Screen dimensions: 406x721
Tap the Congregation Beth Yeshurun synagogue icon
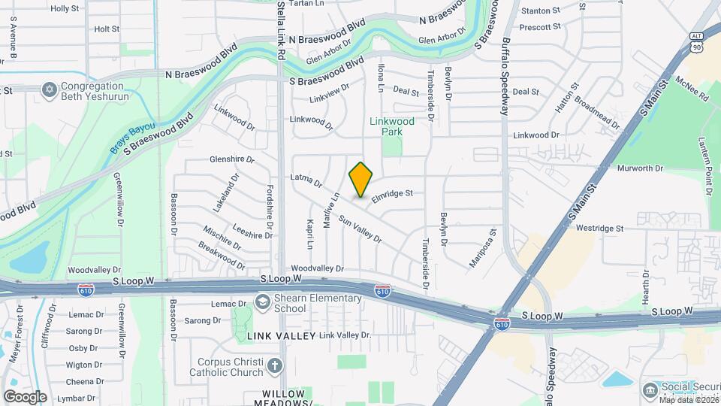coord(50,90)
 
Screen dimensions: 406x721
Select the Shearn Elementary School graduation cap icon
coord(263,303)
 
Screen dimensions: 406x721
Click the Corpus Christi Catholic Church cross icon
coord(275,366)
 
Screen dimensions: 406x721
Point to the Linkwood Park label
coord(387,126)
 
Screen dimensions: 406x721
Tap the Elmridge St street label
coord(394,193)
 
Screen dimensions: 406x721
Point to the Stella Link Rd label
coord(281,30)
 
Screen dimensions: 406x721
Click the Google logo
coord(25,396)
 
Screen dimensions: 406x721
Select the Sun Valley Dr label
coord(360,229)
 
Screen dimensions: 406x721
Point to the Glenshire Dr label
coord(232,160)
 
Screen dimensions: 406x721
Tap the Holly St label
coord(65,8)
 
